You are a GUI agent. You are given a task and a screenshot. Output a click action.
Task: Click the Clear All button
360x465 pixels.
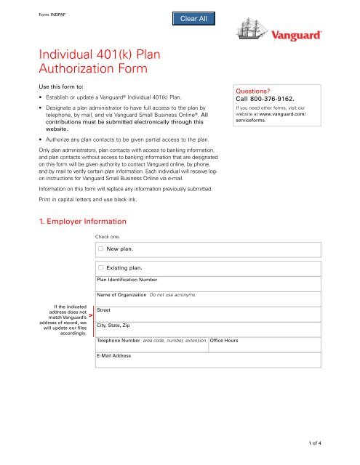click(191, 19)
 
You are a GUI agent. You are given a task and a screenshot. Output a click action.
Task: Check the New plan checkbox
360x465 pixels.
click(101, 248)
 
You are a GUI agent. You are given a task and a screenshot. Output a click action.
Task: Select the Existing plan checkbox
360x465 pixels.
click(101, 268)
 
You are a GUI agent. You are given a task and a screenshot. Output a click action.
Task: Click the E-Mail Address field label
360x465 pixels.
click(113, 356)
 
